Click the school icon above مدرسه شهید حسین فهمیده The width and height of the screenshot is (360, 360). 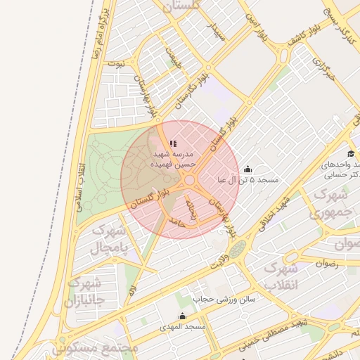coord(173,144)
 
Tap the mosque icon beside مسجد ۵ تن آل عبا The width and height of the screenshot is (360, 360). coord(247,169)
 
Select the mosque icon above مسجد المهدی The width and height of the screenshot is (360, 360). coord(183,316)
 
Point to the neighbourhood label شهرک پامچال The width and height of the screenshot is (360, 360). coord(109,239)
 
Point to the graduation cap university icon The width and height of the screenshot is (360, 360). coord(350,154)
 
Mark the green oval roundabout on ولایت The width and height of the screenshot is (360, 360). coord(238,248)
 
